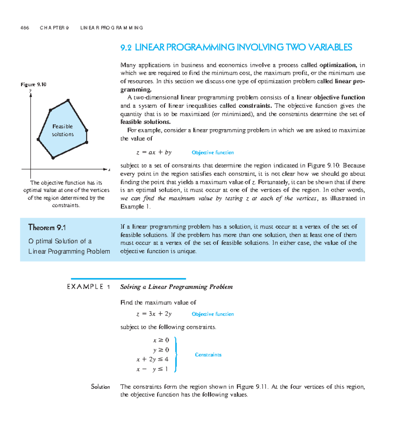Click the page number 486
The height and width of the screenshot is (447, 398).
[x=25, y=28]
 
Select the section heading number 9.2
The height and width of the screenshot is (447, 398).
[x=126, y=48]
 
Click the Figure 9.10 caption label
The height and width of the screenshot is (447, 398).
[x=33, y=85]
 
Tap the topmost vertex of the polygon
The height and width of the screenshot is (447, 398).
[x=68, y=100]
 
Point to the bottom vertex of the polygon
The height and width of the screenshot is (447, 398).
[x=53, y=158]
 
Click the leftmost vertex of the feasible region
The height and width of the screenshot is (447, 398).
[x=38, y=140]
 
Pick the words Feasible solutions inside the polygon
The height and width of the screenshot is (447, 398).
[x=62, y=130]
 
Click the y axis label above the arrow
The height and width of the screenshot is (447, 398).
[x=30, y=91]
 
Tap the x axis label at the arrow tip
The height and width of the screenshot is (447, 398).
[x=109, y=170]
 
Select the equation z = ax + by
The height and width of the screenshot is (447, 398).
[x=154, y=153]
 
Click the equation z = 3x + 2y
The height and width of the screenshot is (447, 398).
[x=154, y=314]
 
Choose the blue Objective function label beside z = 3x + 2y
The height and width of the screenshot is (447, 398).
[x=213, y=314]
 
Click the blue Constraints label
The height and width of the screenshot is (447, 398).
[x=208, y=355]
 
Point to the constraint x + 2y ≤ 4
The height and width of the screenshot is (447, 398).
[x=152, y=359]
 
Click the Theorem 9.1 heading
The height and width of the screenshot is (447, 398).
[x=47, y=227]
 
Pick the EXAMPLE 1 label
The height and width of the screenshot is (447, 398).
[x=89, y=287]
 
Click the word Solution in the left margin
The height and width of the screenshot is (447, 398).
[x=100, y=387]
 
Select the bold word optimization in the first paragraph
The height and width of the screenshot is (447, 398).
[x=338, y=65]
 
